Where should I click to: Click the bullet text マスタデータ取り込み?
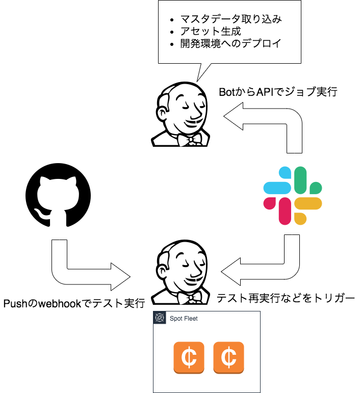(231, 19)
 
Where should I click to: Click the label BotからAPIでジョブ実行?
(277, 93)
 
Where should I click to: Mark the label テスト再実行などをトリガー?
(286, 298)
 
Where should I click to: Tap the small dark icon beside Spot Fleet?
(160, 318)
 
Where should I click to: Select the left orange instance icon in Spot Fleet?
(189, 357)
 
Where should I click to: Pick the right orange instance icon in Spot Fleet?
(228, 357)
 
